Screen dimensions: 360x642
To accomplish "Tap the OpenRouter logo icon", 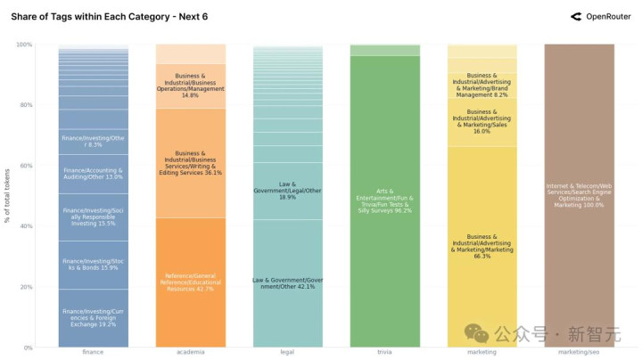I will coord(576,16).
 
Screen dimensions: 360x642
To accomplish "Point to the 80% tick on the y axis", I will coord(26,105).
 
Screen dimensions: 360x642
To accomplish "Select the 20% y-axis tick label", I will coord(26,287).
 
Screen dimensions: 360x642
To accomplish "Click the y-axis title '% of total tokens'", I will coord(7,196).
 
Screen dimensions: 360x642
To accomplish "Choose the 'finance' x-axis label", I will coord(93,352).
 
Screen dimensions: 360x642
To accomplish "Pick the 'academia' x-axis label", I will coord(190,352).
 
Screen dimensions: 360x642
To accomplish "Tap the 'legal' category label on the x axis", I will coord(287,352).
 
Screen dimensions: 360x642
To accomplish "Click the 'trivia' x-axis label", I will coord(384,352).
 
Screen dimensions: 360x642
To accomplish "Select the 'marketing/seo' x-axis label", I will coord(579,352).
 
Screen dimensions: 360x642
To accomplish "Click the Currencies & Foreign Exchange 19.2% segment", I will coord(93,318).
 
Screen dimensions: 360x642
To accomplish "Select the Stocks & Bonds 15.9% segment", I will coord(93,265).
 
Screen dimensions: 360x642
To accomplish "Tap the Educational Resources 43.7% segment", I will coord(190,282).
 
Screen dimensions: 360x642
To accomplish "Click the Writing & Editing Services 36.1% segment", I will coord(190,163).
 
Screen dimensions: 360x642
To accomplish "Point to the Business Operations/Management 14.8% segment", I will coord(190,86).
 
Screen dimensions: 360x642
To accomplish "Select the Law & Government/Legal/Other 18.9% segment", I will coord(287,191).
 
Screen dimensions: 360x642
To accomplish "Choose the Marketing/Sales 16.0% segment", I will coord(481,122).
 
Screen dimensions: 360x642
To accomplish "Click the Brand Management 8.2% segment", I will coord(481,85).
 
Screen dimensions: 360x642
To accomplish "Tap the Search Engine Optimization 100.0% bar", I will coord(579,196).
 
